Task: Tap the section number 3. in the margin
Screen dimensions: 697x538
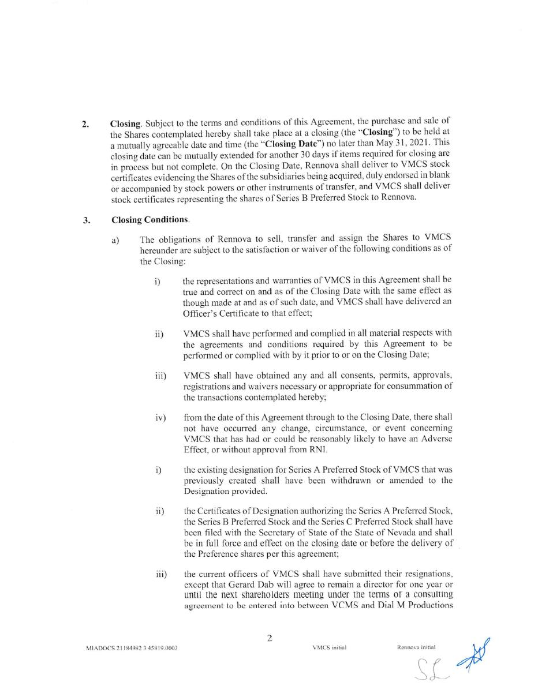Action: pos(87,220)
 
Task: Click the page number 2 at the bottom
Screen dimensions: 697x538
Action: pos(270,638)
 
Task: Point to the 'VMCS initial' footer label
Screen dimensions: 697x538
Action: pos(329,647)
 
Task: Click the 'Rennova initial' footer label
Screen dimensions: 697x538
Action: pos(416,647)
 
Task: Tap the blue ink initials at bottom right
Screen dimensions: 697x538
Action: pos(473,653)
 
